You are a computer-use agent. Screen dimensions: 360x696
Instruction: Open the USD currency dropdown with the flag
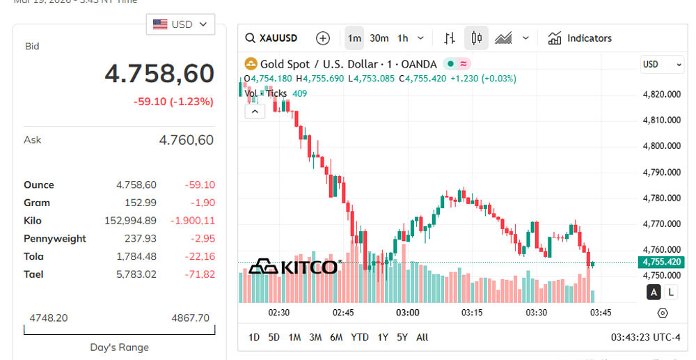(x=180, y=24)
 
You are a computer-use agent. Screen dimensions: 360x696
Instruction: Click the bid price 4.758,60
(x=159, y=73)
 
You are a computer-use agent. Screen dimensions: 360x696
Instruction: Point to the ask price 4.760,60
(x=186, y=140)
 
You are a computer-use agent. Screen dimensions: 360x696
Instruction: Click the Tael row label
(x=33, y=274)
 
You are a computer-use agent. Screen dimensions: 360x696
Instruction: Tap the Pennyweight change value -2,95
(x=200, y=239)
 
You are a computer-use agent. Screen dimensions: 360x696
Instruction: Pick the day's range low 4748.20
(x=48, y=318)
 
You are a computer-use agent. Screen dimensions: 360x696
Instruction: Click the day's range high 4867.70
(x=190, y=318)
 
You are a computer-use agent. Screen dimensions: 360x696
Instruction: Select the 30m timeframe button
(x=379, y=38)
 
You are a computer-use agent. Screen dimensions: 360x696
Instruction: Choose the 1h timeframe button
(x=403, y=38)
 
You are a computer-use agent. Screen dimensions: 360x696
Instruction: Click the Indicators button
(x=580, y=38)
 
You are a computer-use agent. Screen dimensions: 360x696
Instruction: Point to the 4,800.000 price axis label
(x=661, y=146)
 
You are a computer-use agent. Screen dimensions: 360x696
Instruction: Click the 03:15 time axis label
(x=472, y=313)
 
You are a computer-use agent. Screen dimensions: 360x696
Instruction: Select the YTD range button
(x=359, y=338)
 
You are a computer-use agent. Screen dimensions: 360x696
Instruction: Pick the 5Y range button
(x=402, y=338)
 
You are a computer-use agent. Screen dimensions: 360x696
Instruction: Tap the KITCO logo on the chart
(x=293, y=267)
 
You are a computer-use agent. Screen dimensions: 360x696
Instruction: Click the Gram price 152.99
(x=143, y=203)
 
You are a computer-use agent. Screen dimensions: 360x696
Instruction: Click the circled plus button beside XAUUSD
(x=322, y=38)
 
